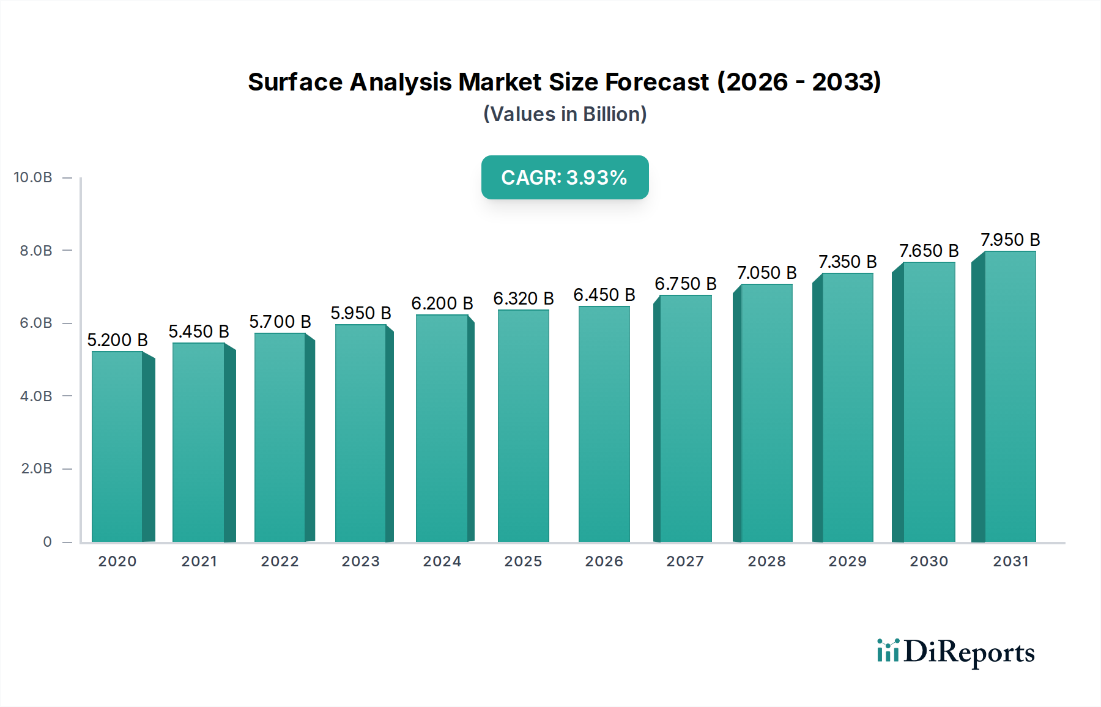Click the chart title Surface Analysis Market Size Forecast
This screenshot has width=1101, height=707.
(564, 82)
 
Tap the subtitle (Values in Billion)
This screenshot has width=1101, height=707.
(565, 114)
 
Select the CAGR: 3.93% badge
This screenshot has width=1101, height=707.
(565, 177)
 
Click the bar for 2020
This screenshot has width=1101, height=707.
(117, 446)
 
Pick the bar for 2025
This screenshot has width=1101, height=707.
(523, 426)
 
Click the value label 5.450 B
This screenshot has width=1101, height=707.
(199, 331)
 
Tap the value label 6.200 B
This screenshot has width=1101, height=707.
(442, 303)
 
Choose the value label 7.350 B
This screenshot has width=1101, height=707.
(847, 262)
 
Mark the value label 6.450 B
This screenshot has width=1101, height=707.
(604, 295)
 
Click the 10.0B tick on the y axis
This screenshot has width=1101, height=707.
(33, 177)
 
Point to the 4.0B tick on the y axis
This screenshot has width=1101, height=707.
(36, 396)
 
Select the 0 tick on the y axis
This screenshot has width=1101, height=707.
(47, 542)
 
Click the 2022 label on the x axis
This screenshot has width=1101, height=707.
(280, 561)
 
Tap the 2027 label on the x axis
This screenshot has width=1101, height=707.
(685, 561)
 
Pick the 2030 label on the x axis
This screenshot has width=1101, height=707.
(929, 561)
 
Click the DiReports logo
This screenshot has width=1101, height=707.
(955, 652)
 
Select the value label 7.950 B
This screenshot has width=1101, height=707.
(1010, 240)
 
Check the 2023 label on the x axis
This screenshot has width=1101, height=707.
(360, 561)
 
